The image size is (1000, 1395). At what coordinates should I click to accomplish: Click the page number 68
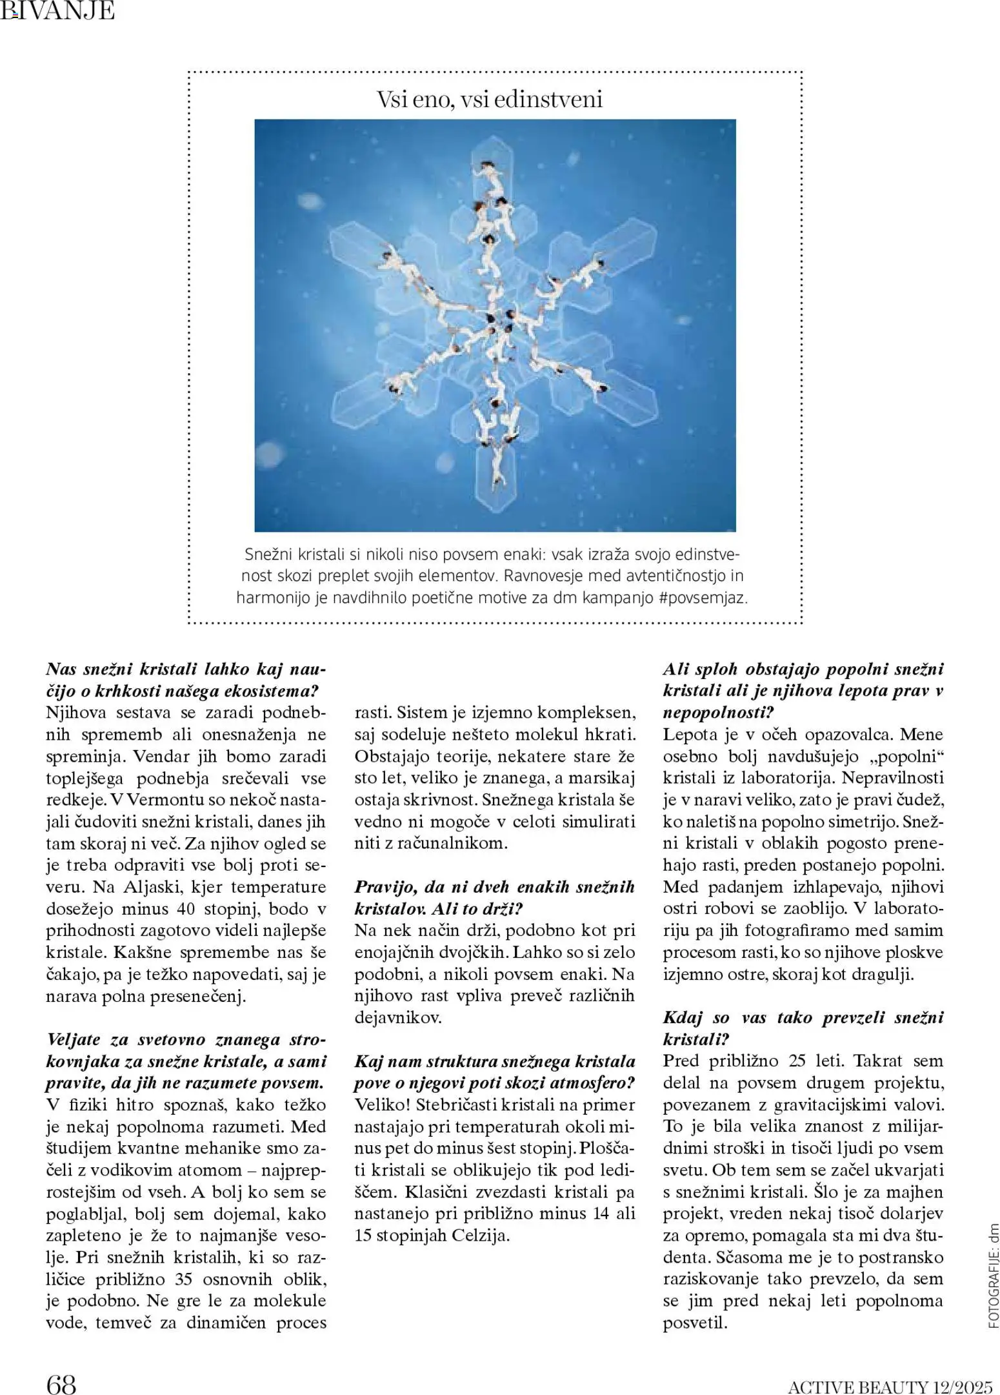pyautogui.click(x=61, y=1367)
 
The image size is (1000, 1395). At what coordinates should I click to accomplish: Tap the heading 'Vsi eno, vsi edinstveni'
pyautogui.click(x=489, y=99)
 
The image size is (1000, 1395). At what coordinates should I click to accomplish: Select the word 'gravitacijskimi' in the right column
pyautogui.click(x=819, y=1105)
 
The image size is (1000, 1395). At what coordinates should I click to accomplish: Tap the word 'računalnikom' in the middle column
pyautogui.click(x=445, y=843)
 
